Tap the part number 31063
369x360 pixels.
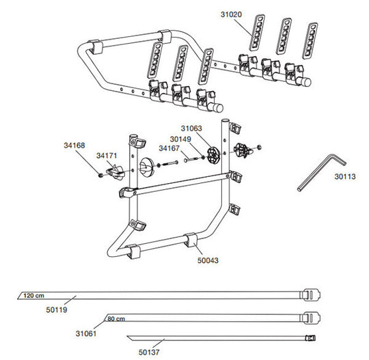point(192,127)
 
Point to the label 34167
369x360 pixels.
point(170,148)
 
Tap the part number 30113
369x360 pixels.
point(346,176)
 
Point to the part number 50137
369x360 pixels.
point(150,351)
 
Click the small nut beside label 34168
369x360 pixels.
point(100,175)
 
